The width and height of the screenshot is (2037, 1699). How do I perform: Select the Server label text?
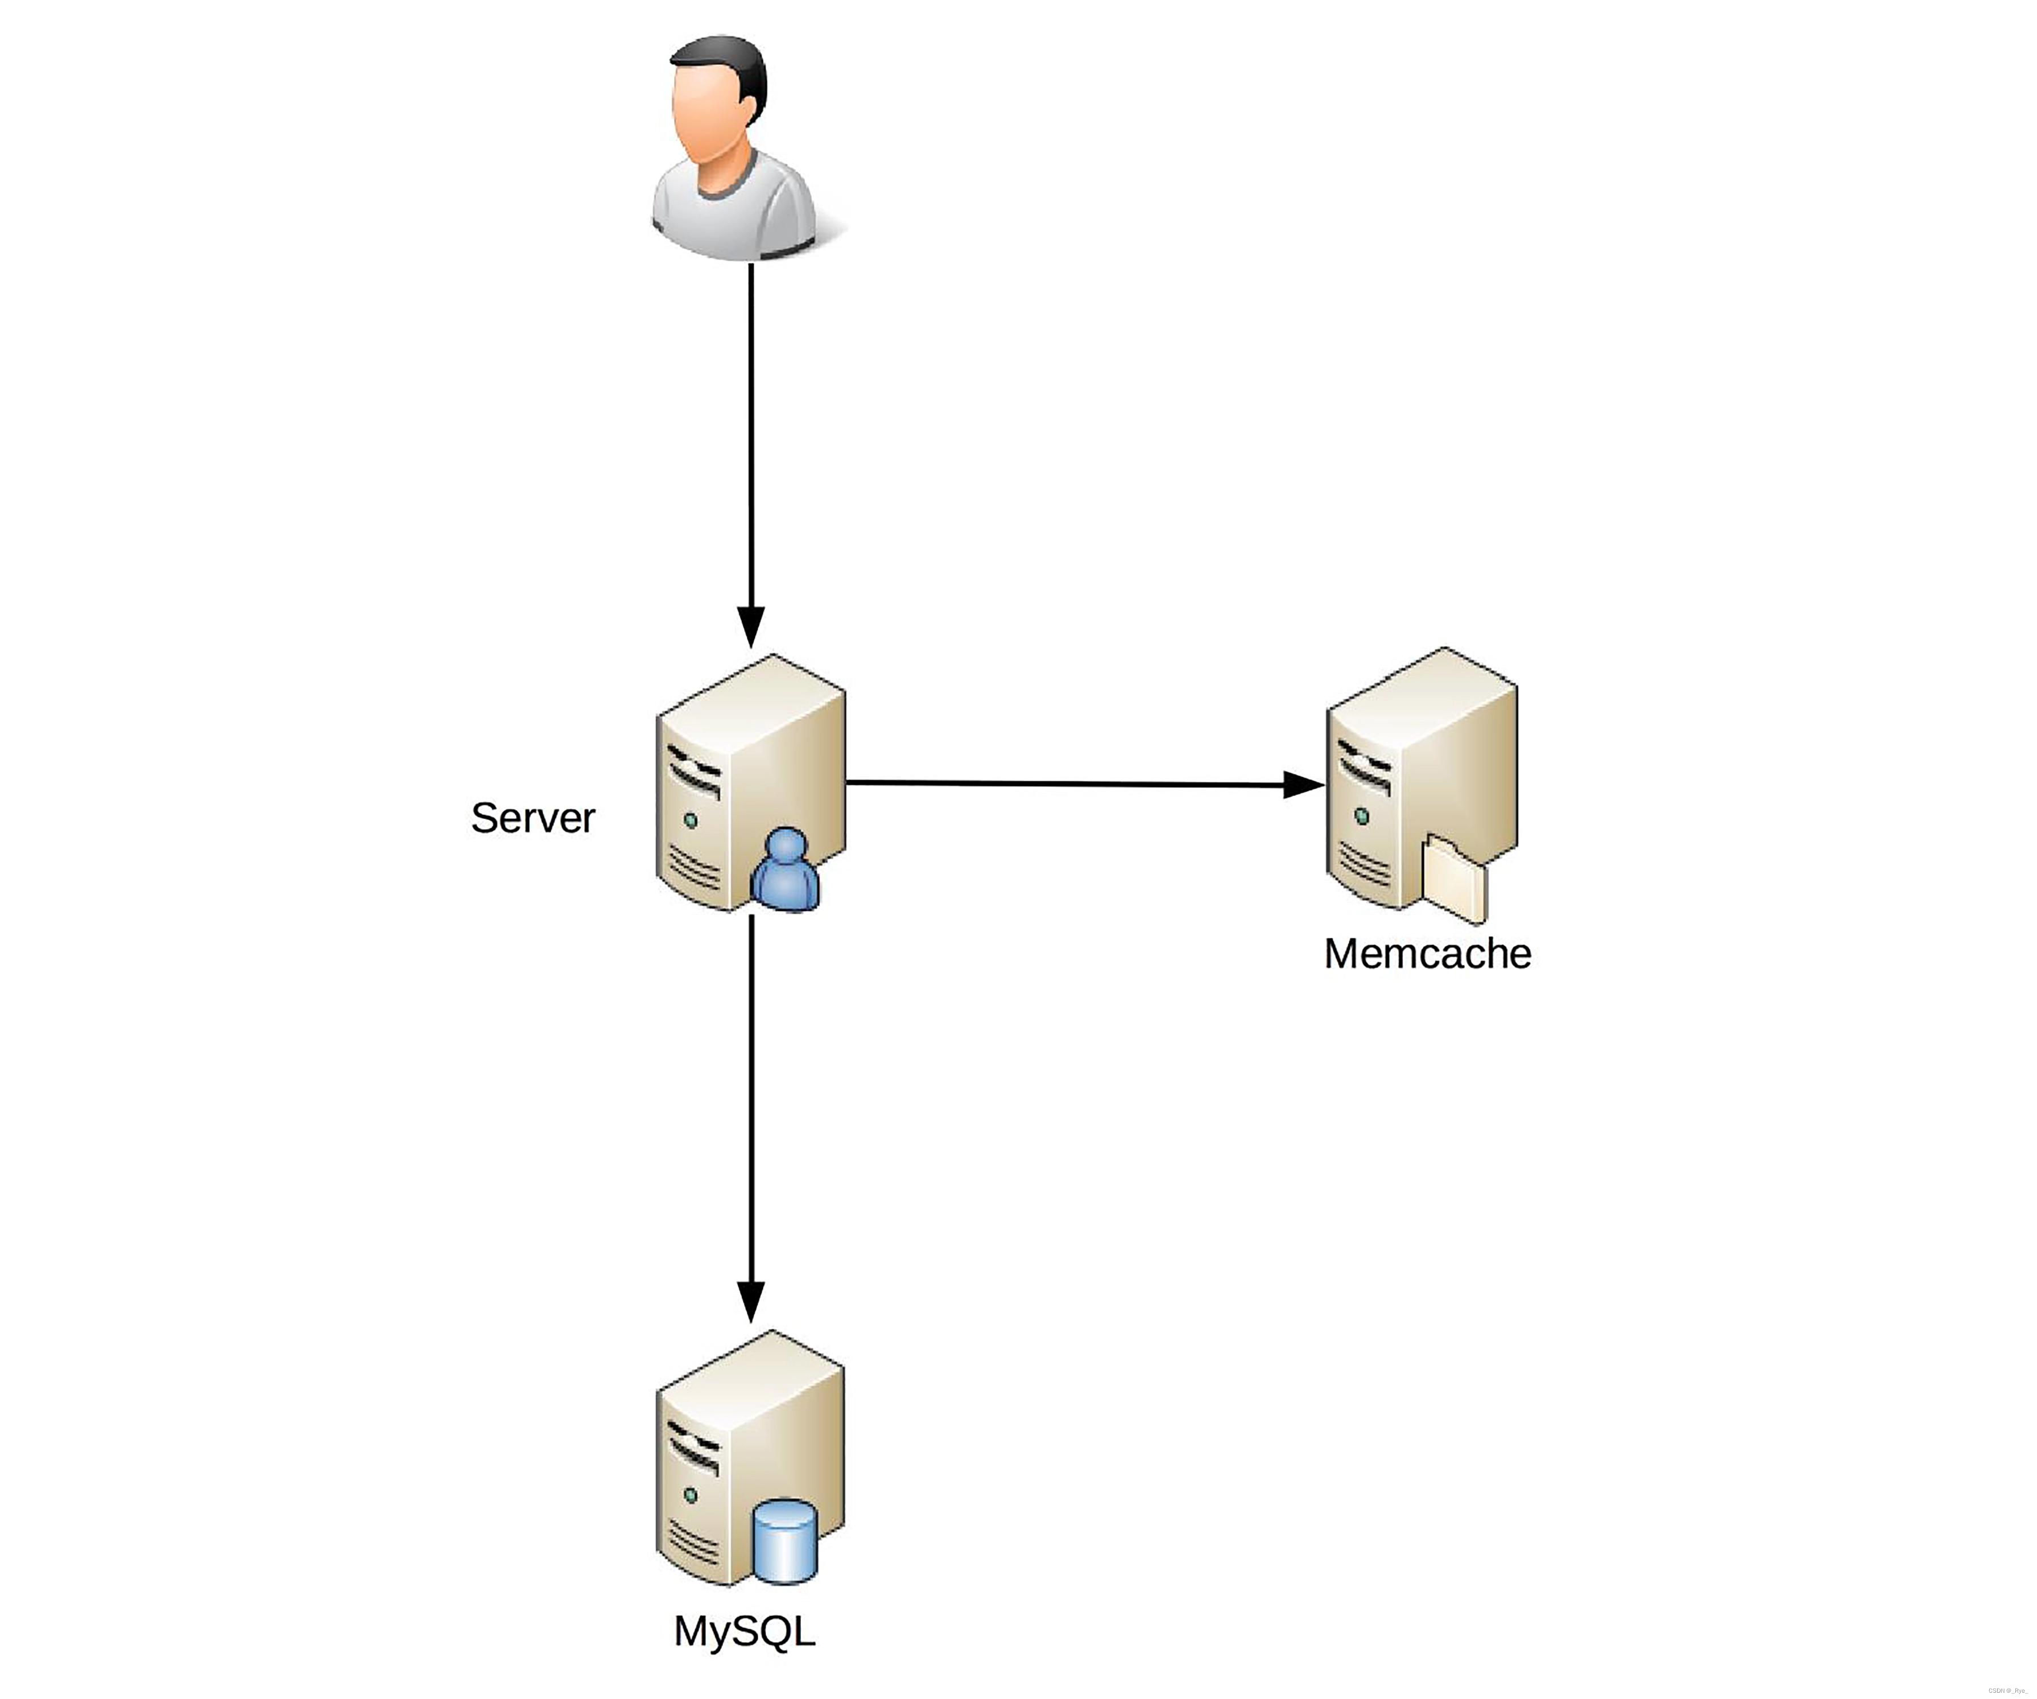tap(532, 818)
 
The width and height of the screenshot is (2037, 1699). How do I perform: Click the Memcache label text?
tap(1427, 954)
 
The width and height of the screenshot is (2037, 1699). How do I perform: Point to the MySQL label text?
tap(744, 1631)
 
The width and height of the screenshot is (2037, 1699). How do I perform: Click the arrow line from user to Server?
tap(751, 436)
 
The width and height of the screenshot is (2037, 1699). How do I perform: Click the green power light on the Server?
tap(691, 821)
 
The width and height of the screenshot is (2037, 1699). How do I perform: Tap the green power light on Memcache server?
tap(1362, 817)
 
